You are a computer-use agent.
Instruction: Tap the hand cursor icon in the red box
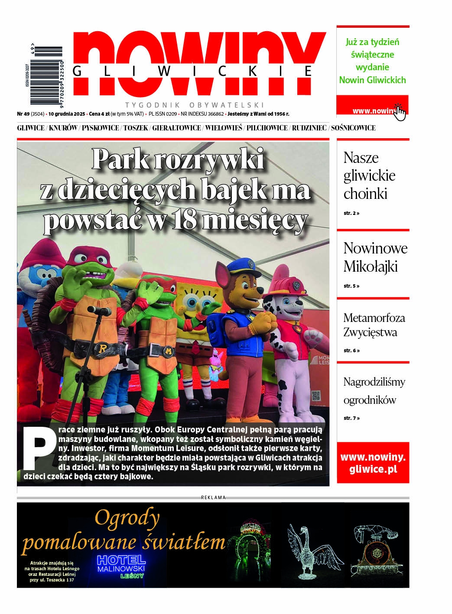pyautogui.click(x=399, y=112)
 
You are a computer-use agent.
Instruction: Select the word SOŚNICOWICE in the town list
pyautogui.click(x=354, y=128)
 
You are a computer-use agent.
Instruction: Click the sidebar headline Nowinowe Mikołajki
pyautogui.click(x=375, y=257)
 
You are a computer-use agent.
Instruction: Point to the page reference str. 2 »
pyautogui.click(x=351, y=214)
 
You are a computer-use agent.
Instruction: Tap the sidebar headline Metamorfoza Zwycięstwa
pyautogui.click(x=374, y=325)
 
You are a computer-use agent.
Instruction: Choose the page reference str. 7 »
pyautogui.click(x=351, y=418)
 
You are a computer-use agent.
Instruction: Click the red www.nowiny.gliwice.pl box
pyautogui.click(x=373, y=463)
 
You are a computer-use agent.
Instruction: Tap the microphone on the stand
pyautogui.click(x=97, y=311)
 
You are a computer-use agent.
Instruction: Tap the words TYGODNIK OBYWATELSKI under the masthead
pyautogui.click(x=195, y=105)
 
